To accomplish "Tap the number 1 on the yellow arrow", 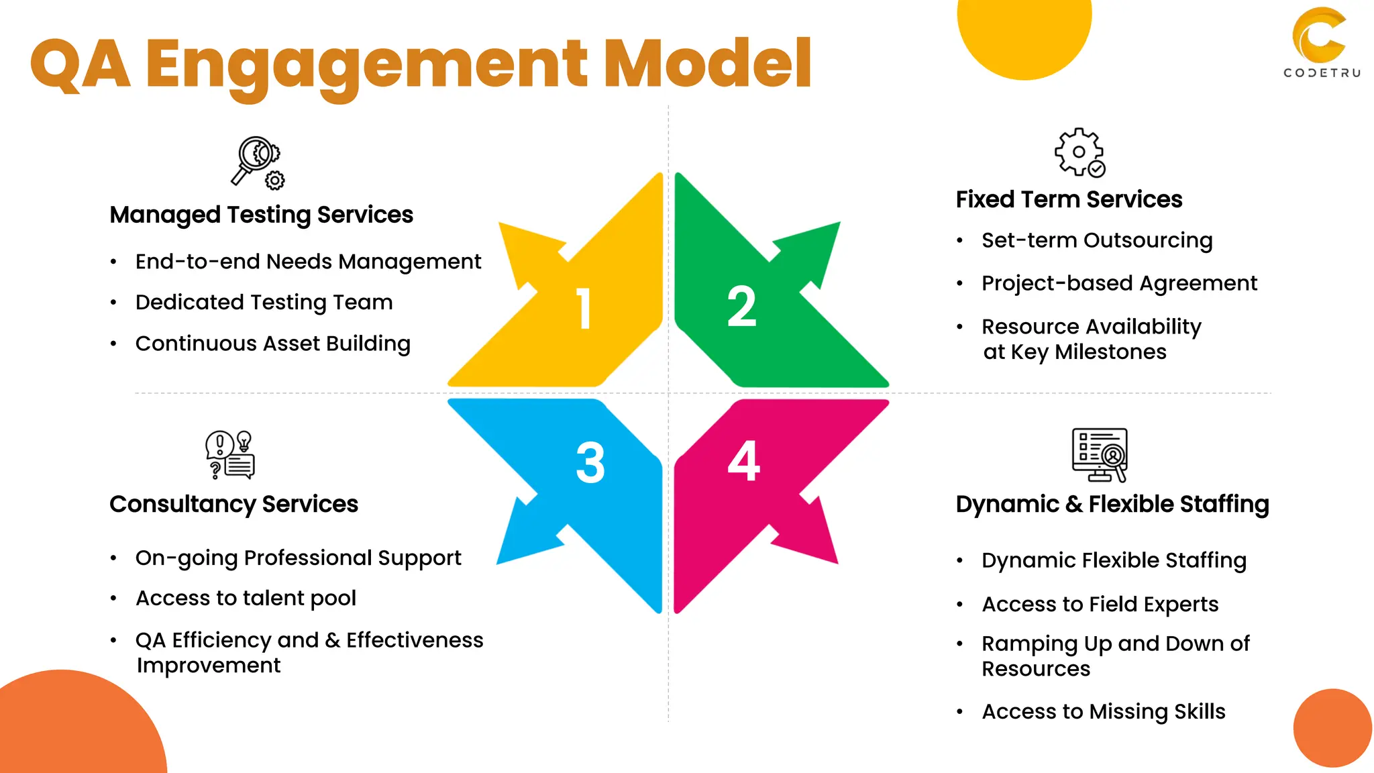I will [584, 309].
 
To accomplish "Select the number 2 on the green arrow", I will [741, 307].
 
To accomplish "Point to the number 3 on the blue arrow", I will [590, 462].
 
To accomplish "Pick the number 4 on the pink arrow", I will [743, 461].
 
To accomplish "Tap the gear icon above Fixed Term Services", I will [1079, 152].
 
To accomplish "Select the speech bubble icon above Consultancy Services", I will [229, 455].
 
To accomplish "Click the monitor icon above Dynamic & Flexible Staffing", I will [1100, 455].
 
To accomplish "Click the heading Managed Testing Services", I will [261, 215].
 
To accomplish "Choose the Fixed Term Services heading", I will [1069, 199].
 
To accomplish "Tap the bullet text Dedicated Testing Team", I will [264, 303].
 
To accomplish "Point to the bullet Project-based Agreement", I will [1119, 283].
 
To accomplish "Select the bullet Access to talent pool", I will [246, 598].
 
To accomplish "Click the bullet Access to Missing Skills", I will [1104, 711].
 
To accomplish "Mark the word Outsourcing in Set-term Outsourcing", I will [1149, 240].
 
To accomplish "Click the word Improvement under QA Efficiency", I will [209, 666].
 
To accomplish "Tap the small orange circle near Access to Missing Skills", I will [1332, 728].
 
